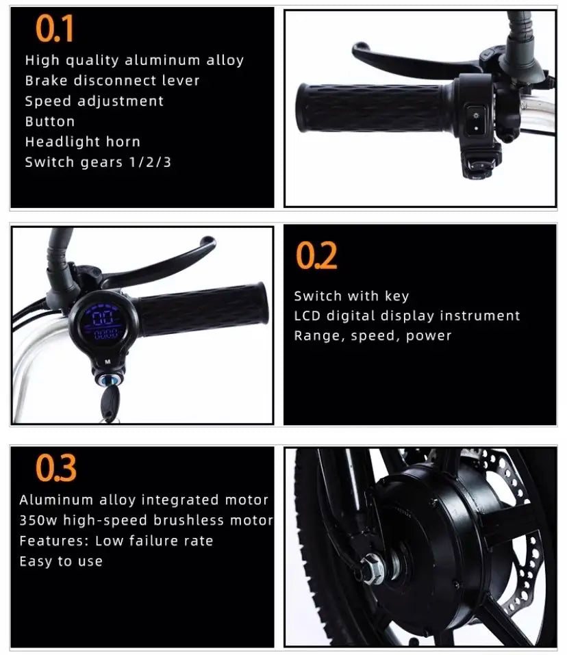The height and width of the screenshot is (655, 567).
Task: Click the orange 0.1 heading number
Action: tap(55, 28)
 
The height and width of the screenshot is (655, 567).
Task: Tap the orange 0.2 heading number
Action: tap(316, 255)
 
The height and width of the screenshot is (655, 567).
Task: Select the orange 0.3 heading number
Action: tap(56, 467)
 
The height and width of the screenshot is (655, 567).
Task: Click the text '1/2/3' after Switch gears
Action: tap(151, 162)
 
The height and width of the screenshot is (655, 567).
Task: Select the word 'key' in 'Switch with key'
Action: tap(396, 296)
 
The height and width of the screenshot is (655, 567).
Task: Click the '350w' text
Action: tap(38, 520)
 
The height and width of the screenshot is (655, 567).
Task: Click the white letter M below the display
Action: tap(108, 362)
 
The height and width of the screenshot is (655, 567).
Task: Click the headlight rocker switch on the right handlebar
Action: tap(475, 120)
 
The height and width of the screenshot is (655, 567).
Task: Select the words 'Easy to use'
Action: tap(61, 561)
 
